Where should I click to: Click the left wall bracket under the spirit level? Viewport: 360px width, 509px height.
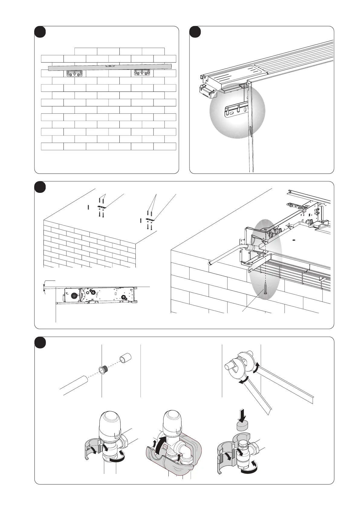[74, 73]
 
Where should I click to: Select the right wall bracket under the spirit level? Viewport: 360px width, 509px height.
[142, 73]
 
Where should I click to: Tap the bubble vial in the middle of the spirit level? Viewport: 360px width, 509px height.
[110, 65]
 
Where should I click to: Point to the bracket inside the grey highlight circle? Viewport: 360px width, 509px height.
[236, 111]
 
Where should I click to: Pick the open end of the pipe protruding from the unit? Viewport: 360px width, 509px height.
[209, 263]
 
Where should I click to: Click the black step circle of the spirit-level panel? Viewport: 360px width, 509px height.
[40, 32]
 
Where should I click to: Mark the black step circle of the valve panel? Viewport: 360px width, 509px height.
[40, 342]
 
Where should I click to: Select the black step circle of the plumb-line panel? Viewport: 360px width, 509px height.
[195, 32]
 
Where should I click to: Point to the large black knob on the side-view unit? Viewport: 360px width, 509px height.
[73, 297]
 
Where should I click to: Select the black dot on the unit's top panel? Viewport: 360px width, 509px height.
[293, 240]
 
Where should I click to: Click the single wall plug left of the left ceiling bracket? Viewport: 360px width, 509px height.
[88, 207]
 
